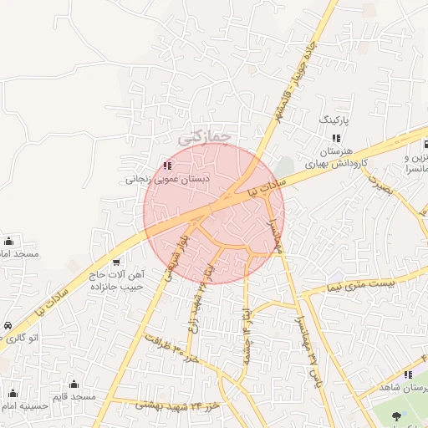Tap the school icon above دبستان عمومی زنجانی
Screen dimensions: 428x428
(168, 166)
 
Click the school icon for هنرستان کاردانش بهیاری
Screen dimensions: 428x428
(335, 138)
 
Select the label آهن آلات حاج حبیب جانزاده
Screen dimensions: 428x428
(116, 280)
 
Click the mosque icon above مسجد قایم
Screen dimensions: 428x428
(74, 384)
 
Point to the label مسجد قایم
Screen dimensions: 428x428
(74, 396)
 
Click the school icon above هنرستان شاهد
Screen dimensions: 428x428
(408, 375)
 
